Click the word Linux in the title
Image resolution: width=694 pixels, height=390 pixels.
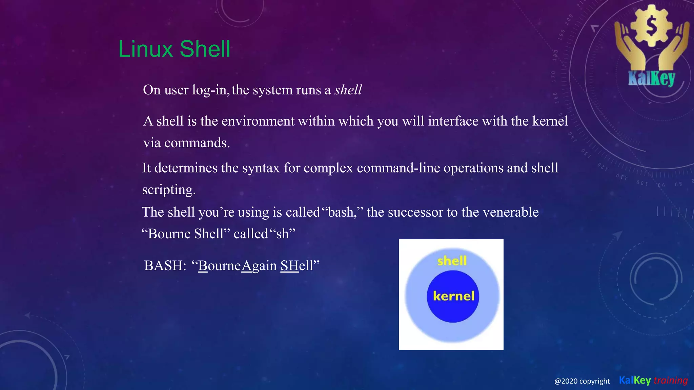tap(145, 49)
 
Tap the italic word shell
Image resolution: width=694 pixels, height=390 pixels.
tap(348, 90)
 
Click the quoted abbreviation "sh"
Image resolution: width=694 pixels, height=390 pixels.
tap(282, 234)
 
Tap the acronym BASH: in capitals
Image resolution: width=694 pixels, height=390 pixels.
tap(165, 266)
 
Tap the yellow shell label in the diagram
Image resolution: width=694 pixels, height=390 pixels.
tap(452, 261)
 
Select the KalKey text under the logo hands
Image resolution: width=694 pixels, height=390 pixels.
tap(651, 79)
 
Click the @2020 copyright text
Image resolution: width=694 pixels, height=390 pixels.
tap(582, 381)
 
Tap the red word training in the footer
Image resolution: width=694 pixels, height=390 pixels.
tap(671, 381)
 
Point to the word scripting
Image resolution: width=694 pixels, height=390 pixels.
tap(168, 190)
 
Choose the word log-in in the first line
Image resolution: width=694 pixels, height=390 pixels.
tap(209, 90)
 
